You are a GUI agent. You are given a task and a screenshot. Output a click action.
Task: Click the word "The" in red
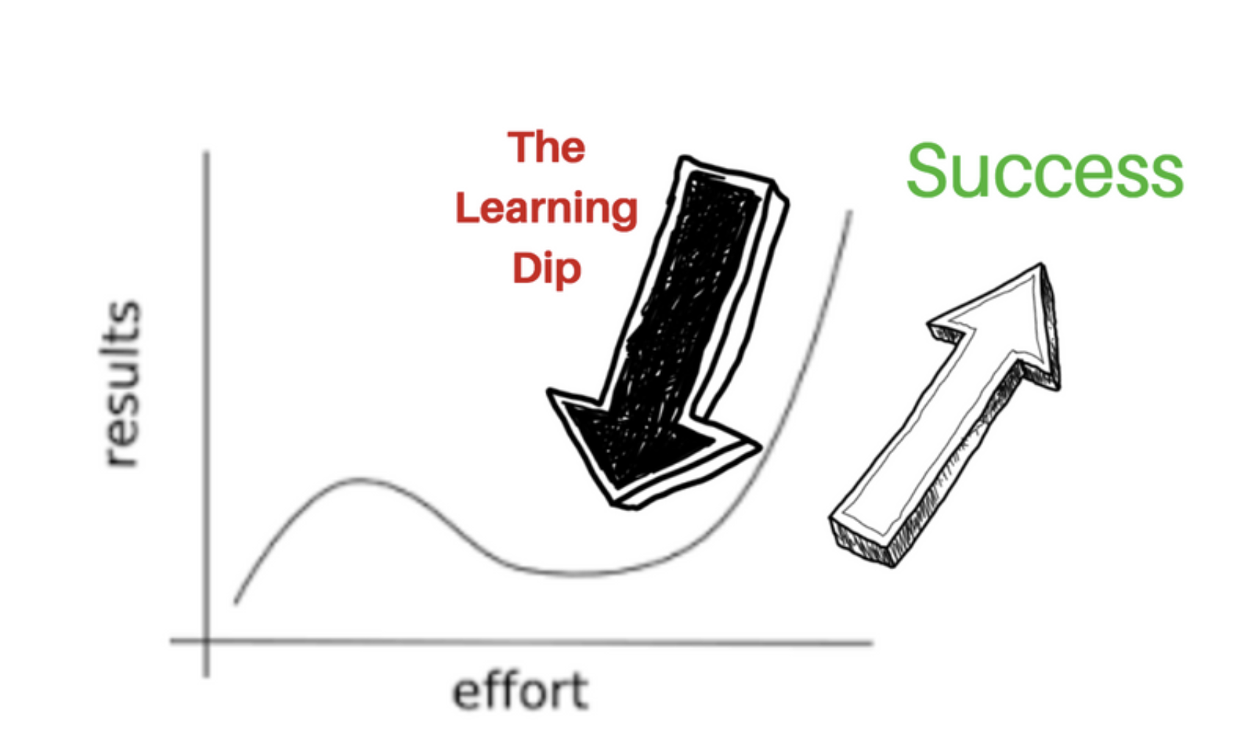click(546, 148)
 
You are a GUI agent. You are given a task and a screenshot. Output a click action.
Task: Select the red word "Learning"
click(546, 210)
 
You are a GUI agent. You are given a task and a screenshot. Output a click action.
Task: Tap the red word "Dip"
click(547, 270)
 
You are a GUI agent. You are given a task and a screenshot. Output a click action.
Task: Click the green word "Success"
click(1045, 171)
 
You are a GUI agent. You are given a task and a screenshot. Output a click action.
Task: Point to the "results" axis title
click(121, 384)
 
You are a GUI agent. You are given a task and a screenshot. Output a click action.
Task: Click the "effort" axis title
click(521, 691)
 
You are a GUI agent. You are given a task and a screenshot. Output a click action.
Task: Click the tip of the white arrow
click(1041, 266)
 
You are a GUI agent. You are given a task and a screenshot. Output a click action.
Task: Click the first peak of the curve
click(359, 480)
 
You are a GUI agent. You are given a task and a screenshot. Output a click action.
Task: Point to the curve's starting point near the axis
click(235, 602)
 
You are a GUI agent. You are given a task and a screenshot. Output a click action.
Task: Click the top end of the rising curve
click(851, 212)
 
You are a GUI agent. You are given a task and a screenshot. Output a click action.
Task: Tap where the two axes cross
click(207, 641)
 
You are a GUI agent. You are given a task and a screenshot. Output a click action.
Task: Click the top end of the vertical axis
click(207, 152)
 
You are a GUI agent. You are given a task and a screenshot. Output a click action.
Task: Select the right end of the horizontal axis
click(871, 644)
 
